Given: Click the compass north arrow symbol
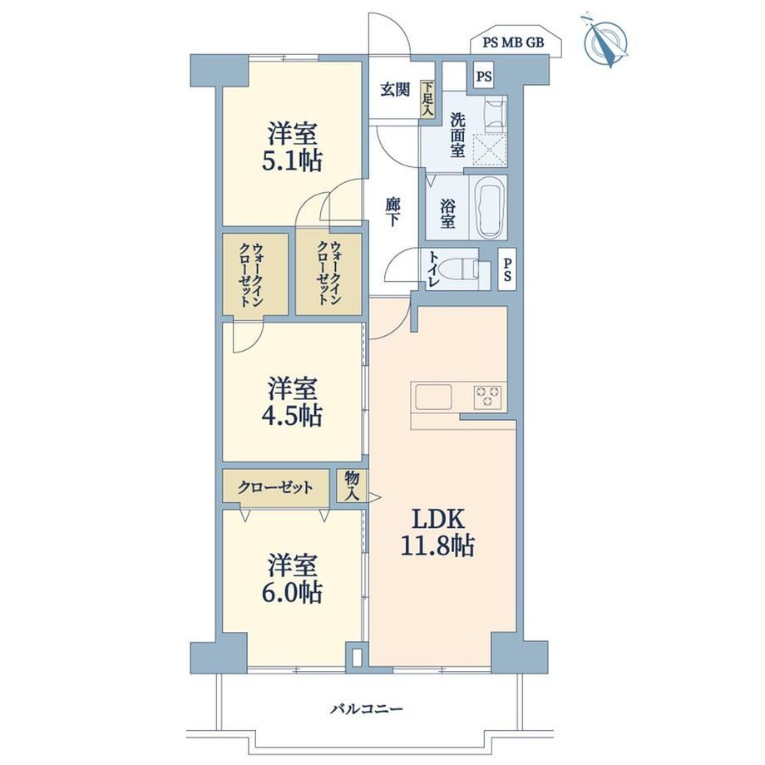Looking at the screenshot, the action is (x=605, y=41).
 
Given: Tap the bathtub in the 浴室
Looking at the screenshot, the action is (x=489, y=207).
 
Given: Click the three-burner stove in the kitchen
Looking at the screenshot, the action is (x=488, y=397).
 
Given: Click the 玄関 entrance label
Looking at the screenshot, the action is (x=395, y=90).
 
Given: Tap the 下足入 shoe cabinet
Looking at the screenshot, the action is (x=428, y=99).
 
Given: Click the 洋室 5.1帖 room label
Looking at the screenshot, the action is (x=292, y=147).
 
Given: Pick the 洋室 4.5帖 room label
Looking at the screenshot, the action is (x=292, y=402).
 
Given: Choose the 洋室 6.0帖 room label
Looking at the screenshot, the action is (x=292, y=579).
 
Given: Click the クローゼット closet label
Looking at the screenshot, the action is (x=276, y=487).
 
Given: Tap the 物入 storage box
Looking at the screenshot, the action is (x=352, y=485).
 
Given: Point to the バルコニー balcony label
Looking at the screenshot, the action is (x=367, y=708).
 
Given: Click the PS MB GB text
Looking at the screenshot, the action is (x=513, y=42).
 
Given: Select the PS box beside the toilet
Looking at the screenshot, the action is (x=507, y=269).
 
